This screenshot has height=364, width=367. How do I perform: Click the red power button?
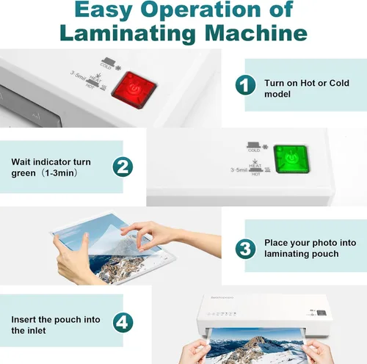[134, 90]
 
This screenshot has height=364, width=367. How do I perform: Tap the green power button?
[291, 159]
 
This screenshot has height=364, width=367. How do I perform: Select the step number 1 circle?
[245, 85]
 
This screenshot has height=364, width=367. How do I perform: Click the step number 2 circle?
[123, 167]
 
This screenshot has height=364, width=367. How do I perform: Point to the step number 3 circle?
[245, 248]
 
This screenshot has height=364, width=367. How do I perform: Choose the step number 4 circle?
[123, 322]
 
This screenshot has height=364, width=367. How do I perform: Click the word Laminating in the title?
[128, 33]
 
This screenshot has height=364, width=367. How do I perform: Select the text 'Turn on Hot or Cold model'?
[307, 88]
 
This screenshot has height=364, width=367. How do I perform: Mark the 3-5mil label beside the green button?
[239, 170]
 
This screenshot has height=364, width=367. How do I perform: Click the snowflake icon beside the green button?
[265, 147]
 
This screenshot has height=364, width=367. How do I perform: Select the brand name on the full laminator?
[222, 297]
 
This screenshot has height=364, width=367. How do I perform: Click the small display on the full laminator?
[321, 313]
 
